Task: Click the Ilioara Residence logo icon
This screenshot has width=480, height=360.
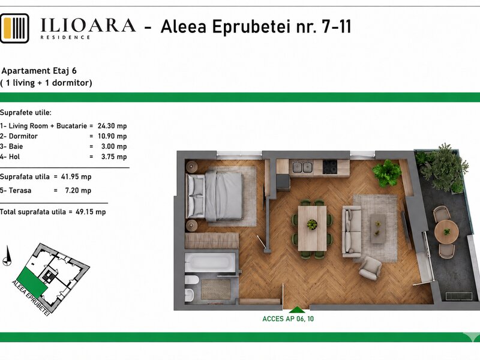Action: click(x=14, y=28)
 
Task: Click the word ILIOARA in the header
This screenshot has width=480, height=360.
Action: click(x=88, y=25)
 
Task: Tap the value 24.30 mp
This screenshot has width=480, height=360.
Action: click(x=112, y=126)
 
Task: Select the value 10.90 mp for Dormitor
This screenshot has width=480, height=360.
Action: click(x=112, y=136)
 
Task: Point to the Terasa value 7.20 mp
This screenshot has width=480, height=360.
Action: click(x=78, y=190)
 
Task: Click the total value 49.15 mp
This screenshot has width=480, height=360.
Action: click(x=91, y=212)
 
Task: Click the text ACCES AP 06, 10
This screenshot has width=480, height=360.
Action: click(x=288, y=319)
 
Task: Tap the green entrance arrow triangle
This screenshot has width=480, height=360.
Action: click(x=296, y=310)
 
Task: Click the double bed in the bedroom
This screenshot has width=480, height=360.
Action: click(x=215, y=196)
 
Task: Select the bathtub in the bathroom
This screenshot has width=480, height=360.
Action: click(x=209, y=262)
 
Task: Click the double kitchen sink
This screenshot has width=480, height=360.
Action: click(x=302, y=167)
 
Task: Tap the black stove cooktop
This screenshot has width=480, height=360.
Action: click(x=329, y=167)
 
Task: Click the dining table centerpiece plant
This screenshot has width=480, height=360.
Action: click(x=312, y=224)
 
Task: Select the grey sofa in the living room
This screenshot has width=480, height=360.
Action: click(x=352, y=232)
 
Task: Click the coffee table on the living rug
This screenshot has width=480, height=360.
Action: click(x=378, y=229)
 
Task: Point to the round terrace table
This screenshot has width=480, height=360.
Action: click(x=446, y=232)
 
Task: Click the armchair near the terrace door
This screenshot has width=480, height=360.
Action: click(x=370, y=268)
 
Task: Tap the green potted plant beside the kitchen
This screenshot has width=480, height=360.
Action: click(x=387, y=173)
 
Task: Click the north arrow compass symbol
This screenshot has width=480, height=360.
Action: click(x=7, y=256)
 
